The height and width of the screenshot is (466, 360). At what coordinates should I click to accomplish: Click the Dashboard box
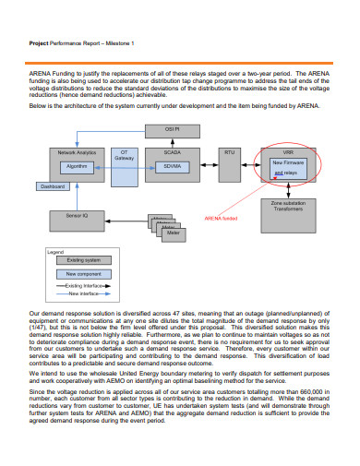(53, 187)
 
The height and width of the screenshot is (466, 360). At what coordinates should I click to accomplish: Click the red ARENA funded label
(221, 219)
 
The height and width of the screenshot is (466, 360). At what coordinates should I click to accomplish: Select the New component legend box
(83, 275)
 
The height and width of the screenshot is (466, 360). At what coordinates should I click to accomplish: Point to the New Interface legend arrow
(83, 294)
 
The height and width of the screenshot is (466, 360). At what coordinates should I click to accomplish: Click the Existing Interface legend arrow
(83, 286)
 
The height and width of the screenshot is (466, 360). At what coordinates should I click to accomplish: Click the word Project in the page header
(39, 43)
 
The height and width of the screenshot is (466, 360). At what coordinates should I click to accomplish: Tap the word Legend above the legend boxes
(55, 251)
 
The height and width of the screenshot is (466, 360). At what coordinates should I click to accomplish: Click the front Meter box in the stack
(172, 233)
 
